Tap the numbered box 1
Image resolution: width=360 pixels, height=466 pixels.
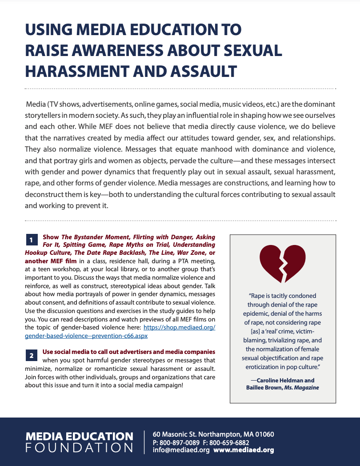(x=31, y=240)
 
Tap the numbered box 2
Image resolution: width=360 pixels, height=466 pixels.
(x=31, y=355)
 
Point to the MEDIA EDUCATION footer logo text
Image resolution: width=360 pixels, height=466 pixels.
(x=79, y=436)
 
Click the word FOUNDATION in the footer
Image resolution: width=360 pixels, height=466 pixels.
(x=79, y=447)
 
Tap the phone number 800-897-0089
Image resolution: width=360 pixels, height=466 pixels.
(x=180, y=442)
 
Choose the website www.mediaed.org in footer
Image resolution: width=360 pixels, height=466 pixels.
(x=244, y=450)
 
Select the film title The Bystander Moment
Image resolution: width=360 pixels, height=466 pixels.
(x=93, y=237)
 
